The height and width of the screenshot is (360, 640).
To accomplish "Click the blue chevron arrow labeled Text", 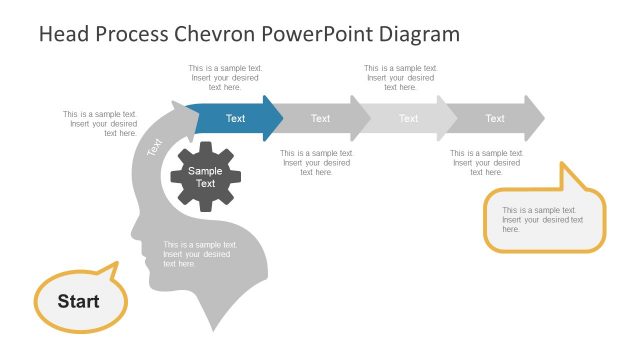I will point(236,119).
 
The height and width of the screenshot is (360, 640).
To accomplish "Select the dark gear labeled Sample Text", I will point(205,177).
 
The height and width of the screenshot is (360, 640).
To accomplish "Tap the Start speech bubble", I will point(79,300).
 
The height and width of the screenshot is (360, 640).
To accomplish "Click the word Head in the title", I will point(63,34).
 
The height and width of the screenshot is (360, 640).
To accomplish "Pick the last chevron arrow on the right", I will point(496,119).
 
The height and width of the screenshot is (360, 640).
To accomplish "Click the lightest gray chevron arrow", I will point(409,119).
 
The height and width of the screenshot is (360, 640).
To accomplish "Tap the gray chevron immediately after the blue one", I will point(321,119).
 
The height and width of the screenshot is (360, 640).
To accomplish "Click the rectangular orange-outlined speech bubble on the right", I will point(545,220).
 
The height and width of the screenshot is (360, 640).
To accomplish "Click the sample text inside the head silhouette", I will point(200,254).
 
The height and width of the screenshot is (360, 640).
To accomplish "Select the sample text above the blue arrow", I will point(225,78).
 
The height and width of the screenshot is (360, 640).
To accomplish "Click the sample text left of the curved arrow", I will point(99,123).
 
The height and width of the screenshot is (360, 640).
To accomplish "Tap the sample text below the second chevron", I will point(316,162).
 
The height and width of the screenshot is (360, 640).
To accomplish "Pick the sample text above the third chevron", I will point(400,78).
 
